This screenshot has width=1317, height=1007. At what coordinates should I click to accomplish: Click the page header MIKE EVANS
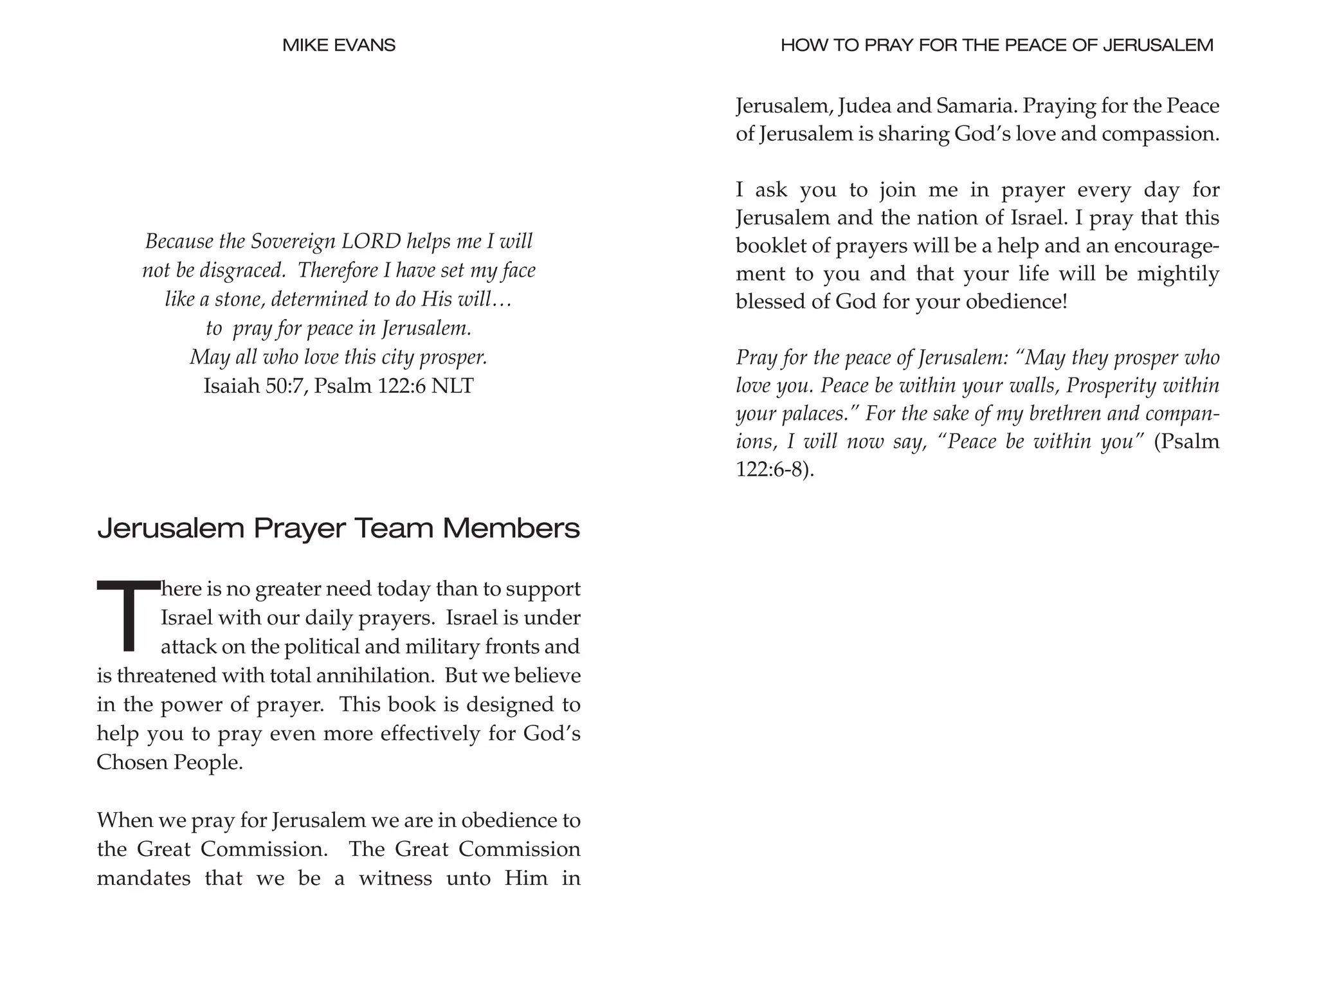338,45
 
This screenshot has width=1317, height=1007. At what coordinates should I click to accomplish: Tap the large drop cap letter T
128,615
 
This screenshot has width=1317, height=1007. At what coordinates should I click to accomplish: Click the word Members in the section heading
511,529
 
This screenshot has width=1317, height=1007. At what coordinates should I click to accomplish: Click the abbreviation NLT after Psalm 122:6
453,386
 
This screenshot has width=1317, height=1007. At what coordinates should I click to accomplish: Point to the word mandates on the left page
143,878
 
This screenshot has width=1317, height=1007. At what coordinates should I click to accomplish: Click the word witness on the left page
395,878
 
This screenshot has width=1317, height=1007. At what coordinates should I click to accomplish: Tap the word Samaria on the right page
976,105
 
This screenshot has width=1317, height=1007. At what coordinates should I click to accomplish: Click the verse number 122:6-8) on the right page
775,469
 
